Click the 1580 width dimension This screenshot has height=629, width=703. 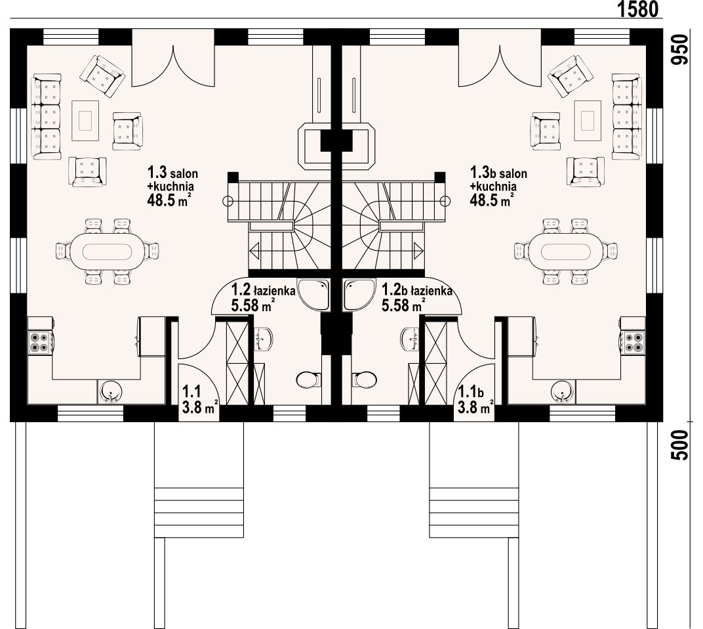coord(638,9)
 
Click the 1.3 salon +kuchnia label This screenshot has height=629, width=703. coord(172,186)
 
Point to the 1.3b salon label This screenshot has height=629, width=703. coord(498,173)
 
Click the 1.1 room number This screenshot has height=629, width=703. coord(191,392)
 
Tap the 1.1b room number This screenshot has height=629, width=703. coord(470,392)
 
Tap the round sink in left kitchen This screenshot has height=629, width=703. coord(110,391)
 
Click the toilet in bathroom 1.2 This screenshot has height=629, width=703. coord(309,380)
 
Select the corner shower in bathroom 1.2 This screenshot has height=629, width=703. coord(314,295)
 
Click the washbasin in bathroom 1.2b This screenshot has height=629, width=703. coord(411,339)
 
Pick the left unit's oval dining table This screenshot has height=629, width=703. coord(107,251)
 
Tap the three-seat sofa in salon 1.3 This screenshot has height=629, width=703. coord(46,117)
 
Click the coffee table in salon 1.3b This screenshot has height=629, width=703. coord(588,120)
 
